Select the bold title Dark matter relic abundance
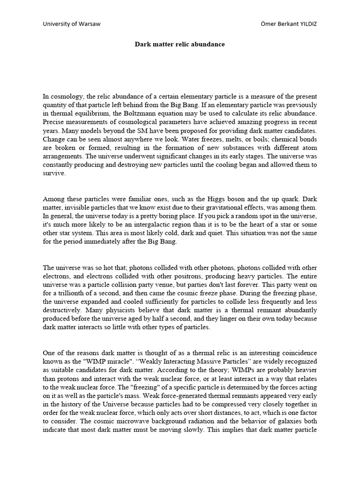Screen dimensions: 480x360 tap(180, 45)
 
